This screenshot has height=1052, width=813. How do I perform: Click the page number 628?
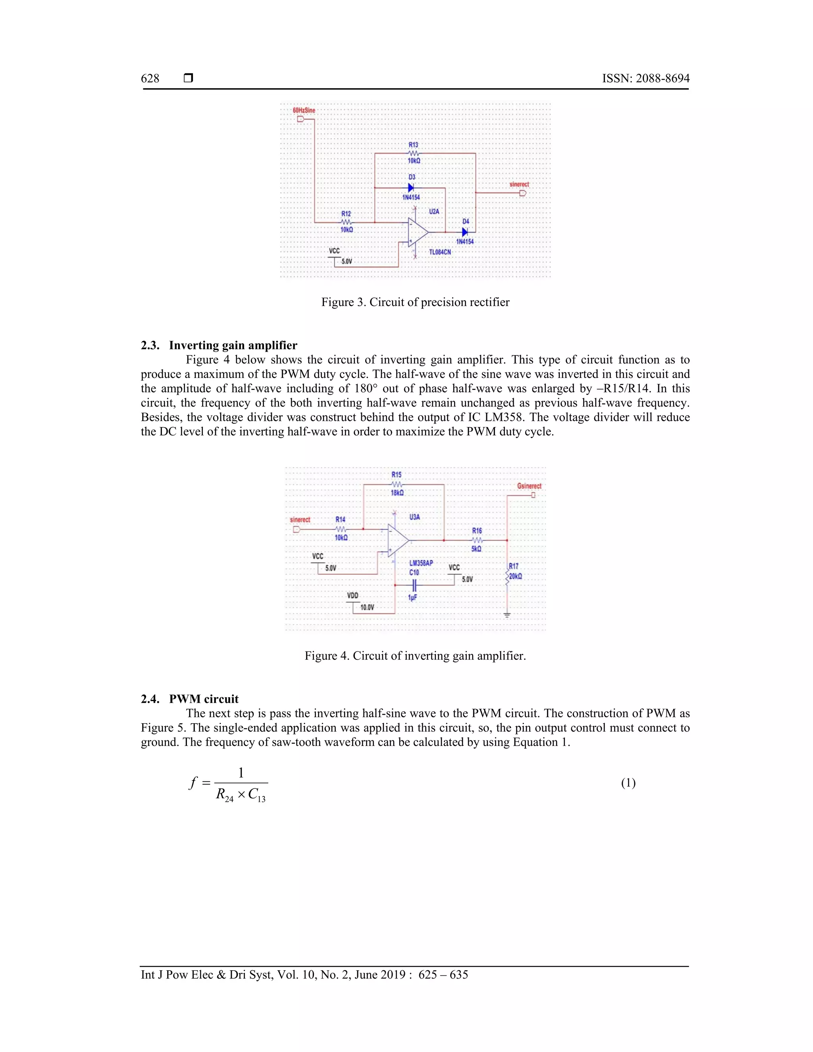click(x=150, y=79)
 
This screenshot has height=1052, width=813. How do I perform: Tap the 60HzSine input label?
click(x=304, y=110)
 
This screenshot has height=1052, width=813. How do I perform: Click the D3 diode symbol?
click(x=411, y=187)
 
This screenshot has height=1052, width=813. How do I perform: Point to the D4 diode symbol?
click(x=465, y=232)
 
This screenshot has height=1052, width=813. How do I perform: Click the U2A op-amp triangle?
click(x=417, y=232)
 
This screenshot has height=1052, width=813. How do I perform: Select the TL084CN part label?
click(x=440, y=252)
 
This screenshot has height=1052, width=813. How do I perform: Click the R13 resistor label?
click(x=413, y=145)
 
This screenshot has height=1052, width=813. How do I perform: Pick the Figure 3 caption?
click(x=415, y=302)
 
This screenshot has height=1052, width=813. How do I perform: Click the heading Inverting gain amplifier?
click(x=233, y=345)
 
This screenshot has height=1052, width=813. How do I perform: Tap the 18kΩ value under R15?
click(x=397, y=493)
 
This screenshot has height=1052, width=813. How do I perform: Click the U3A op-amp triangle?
click(x=398, y=540)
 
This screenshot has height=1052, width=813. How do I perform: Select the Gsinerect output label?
click(x=529, y=486)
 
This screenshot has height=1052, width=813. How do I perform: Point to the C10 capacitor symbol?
click(x=414, y=585)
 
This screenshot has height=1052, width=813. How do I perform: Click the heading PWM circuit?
click(x=204, y=699)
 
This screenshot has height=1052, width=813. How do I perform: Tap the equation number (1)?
click(x=628, y=783)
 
